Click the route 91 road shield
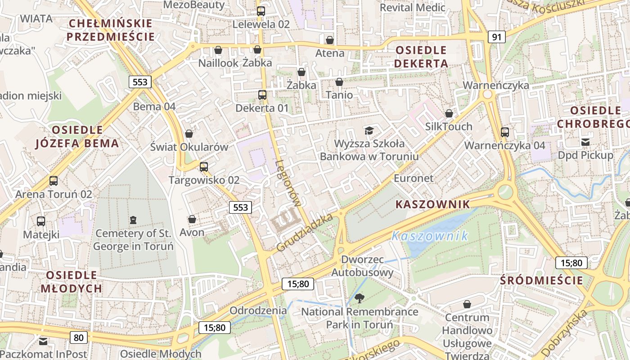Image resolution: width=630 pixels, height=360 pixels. pyautogui.click(x=496, y=37)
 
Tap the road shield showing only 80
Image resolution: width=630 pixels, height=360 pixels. pyautogui.click(x=79, y=337)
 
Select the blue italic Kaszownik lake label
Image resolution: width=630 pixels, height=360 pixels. pyautogui.click(x=429, y=236)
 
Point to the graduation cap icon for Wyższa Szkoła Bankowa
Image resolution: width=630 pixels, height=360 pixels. pyautogui.click(x=369, y=130)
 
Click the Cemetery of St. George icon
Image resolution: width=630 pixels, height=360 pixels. pyautogui.click(x=133, y=220)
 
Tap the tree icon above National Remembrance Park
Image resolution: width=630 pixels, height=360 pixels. pyautogui.click(x=360, y=298)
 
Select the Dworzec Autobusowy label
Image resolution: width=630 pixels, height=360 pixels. pyautogui.click(x=362, y=266)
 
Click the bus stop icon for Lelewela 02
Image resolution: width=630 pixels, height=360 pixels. pyautogui.click(x=261, y=11)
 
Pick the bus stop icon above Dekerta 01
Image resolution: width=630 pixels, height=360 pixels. pyautogui.click(x=262, y=95)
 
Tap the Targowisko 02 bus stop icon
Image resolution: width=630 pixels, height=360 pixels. pyautogui.click(x=204, y=167)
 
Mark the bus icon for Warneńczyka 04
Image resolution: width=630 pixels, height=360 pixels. pyautogui.click(x=505, y=132)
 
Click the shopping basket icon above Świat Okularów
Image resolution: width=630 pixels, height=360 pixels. pyautogui.click(x=189, y=134)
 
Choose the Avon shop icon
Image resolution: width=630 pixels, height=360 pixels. pyautogui.click(x=192, y=219)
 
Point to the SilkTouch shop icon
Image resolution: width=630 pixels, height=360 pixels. pyautogui.click(x=449, y=113)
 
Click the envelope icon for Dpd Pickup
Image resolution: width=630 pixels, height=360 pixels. pyautogui.click(x=585, y=142)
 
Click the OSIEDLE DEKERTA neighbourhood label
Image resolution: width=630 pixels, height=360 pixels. pyautogui.click(x=421, y=57)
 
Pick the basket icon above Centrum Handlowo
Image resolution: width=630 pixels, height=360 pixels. pyautogui.click(x=467, y=304)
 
